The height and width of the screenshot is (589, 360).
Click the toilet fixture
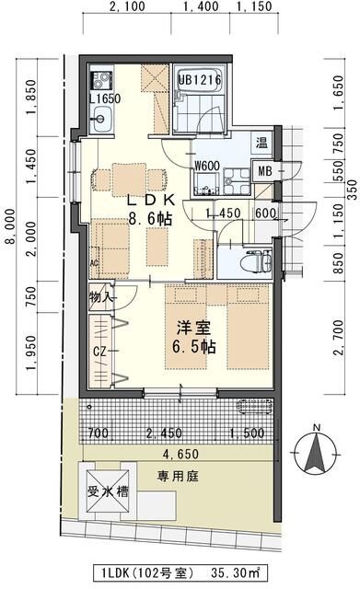[x=256, y=260]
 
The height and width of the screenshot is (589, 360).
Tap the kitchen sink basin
[x=100, y=119]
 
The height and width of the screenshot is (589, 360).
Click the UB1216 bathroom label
[x=200, y=80]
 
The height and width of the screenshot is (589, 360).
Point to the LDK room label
[x=151, y=200]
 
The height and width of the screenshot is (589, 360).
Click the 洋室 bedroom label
[x=194, y=328]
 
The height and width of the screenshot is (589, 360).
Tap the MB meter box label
[x=265, y=171]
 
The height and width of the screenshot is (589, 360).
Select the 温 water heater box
[x=261, y=142]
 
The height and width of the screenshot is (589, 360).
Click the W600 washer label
[x=206, y=166]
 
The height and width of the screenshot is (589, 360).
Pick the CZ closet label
[x=99, y=352]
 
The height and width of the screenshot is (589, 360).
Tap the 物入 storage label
[x=100, y=297]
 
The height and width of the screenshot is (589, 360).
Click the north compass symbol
[x=317, y=451]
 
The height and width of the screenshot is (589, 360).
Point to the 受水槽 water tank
[x=108, y=491]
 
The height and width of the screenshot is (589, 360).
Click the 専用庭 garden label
[x=178, y=477]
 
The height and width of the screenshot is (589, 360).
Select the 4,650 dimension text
[x=180, y=454]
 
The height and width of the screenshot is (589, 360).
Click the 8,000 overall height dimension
[x=10, y=225]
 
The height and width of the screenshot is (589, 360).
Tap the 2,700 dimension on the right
[x=339, y=338]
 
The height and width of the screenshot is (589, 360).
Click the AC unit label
[x=94, y=263]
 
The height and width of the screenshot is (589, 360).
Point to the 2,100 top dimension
[x=127, y=6]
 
